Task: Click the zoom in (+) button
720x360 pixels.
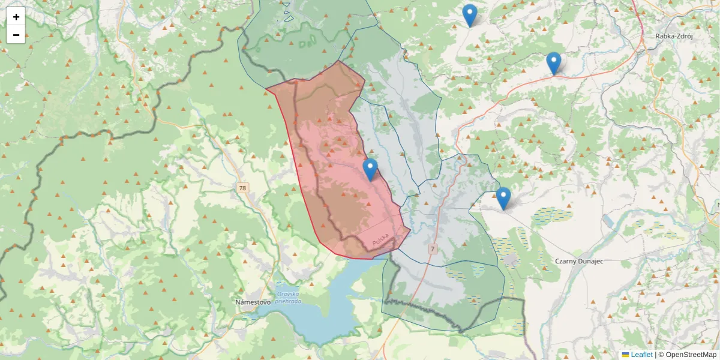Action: coord(16,17)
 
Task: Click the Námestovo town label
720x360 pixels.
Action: coord(252,302)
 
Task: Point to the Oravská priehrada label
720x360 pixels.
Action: coord(287,298)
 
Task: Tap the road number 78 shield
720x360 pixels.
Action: coord(242,188)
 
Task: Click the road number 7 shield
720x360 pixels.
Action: coord(432,248)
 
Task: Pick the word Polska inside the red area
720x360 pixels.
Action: coord(380,239)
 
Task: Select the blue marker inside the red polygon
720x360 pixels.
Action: coord(370,170)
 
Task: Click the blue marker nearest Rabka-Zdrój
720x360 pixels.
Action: coord(553,63)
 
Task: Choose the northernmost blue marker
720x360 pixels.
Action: coord(470,15)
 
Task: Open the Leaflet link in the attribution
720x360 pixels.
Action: coord(641,355)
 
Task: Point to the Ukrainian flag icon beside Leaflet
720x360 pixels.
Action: coord(625,355)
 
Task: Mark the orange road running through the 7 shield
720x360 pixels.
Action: coord(420,282)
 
